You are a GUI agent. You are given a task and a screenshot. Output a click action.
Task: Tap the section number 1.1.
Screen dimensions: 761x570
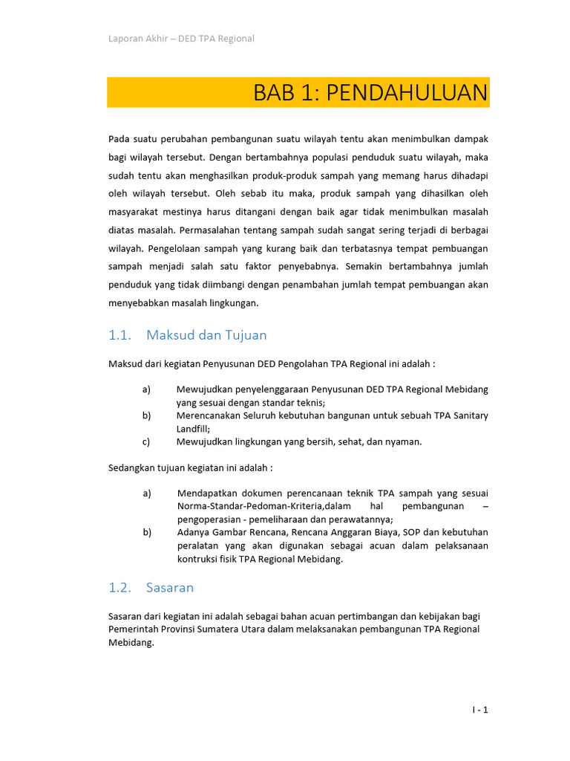pos(119,335)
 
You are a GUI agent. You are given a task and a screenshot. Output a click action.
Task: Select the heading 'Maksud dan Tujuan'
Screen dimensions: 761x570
pos(206,335)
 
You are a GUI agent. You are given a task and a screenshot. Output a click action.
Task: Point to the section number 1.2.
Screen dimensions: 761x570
pos(119,588)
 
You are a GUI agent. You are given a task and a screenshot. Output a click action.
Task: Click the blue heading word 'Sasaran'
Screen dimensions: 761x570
pos(170,588)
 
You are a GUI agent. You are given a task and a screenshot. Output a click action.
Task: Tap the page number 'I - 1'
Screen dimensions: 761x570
pos(479,710)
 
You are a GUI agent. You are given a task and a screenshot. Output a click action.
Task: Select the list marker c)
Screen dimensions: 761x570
pos(146,441)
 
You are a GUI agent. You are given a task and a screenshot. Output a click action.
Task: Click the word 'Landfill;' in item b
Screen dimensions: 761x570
pos(193,429)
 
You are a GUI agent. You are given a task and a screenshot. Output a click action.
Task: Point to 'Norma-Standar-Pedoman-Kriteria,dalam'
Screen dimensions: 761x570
pos(258,506)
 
